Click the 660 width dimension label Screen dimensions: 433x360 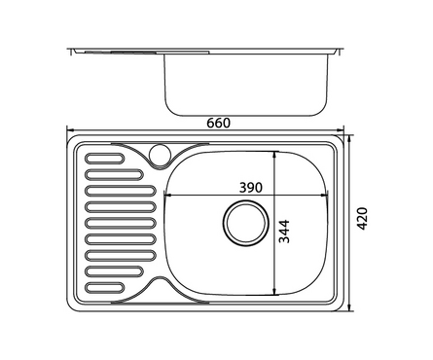219,124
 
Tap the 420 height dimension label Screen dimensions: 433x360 362,219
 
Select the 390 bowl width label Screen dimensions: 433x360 250,188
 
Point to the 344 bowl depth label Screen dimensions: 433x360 284,232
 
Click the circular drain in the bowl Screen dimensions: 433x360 246,223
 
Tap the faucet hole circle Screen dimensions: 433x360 160,153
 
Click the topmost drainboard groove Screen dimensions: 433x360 104,159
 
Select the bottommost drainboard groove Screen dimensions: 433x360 104,288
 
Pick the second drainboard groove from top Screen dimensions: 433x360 114,174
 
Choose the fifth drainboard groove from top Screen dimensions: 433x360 121,223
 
